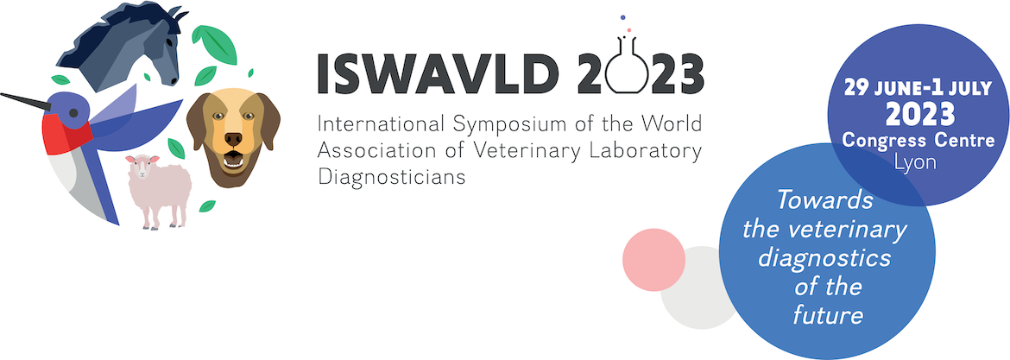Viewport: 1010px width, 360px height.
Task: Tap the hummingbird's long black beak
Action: click(x=25, y=102)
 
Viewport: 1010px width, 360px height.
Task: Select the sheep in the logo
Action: click(x=159, y=191)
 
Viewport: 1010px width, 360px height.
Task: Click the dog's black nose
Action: click(x=233, y=139)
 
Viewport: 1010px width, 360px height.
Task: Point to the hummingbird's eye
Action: click(x=73, y=113)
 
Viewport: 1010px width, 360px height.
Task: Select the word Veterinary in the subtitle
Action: click(x=532, y=150)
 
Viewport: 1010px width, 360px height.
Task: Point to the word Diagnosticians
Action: click(x=392, y=177)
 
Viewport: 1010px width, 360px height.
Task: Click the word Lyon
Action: click(x=916, y=162)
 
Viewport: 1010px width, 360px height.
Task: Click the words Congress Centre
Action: click(x=918, y=140)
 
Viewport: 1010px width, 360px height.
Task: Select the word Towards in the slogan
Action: click(x=824, y=200)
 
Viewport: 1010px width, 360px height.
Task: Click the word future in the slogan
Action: click(x=828, y=315)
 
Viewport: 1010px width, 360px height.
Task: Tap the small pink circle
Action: click(x=653, y=260)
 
